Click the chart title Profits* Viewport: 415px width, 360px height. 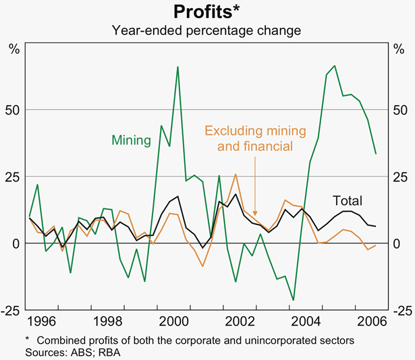(x=206, y=12)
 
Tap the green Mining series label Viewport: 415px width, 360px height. (x=131, y=140)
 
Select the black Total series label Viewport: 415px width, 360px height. (x=348, y=200)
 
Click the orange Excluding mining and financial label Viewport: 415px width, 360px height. (x=255, y=138)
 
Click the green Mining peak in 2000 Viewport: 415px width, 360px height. (x=177, y=67)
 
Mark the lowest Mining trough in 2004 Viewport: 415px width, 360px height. (x=294, y=300)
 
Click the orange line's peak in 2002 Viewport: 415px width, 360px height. (x=236, y=174)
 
